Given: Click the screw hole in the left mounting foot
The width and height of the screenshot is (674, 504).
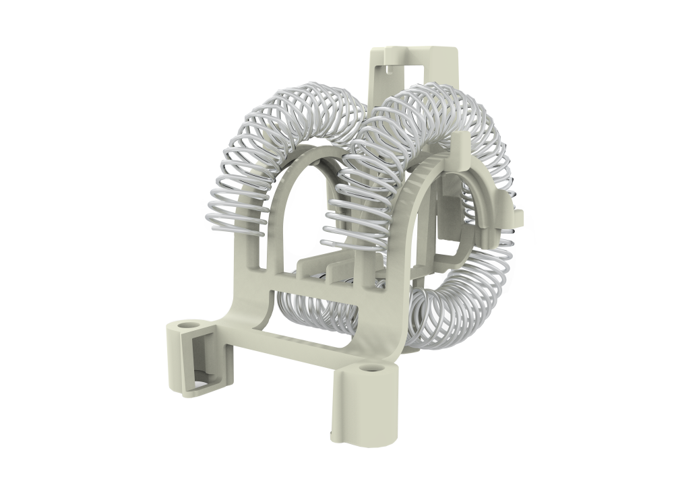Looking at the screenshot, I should point(187,326).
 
